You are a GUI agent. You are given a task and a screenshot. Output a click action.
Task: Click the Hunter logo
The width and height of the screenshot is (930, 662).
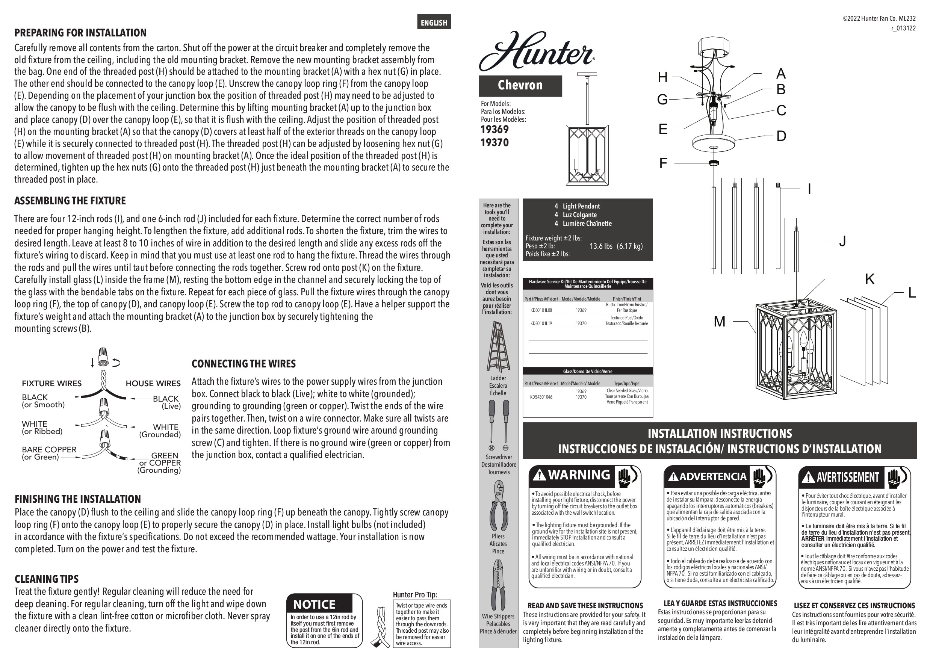536,51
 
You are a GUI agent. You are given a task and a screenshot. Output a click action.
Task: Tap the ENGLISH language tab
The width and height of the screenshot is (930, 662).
434,23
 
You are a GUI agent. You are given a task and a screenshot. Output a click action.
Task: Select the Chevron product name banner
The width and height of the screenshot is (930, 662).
520,86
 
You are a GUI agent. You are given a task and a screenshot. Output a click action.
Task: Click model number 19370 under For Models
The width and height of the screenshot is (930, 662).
494,143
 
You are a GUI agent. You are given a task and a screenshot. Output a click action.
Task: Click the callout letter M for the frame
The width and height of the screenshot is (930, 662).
719,322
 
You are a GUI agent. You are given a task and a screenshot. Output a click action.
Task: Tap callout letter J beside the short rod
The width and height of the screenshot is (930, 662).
842,241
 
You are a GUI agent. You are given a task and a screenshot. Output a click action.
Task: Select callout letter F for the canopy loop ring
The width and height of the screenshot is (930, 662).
663,163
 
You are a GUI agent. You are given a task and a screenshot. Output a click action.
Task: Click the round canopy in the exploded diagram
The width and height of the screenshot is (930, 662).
714,142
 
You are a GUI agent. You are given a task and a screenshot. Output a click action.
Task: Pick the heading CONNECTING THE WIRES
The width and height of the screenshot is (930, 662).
244,364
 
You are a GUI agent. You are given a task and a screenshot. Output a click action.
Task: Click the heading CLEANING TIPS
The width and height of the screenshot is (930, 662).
47,579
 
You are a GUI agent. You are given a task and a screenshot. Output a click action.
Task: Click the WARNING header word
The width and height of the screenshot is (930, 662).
579,475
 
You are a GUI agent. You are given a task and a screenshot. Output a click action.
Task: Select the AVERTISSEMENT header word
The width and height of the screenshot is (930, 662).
848,477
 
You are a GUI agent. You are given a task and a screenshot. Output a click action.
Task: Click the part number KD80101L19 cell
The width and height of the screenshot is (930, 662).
541,323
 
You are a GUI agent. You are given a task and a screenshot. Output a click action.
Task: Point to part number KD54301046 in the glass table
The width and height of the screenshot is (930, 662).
541,397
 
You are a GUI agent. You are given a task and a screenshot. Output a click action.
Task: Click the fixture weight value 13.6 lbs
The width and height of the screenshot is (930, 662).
601,246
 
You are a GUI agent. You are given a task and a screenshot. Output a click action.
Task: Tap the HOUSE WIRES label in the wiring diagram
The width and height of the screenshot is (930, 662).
153,384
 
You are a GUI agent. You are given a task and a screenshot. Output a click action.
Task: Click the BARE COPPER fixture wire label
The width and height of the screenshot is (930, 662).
49,450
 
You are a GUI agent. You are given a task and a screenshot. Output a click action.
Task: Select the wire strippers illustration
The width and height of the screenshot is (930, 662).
498,585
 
